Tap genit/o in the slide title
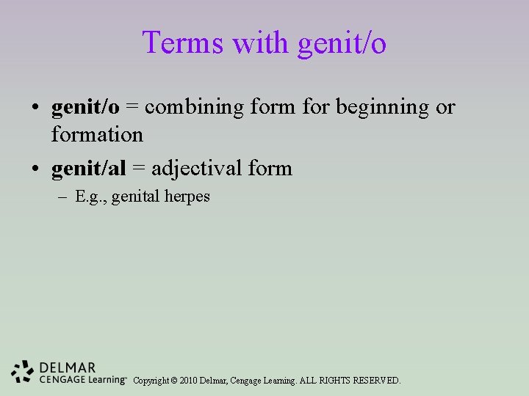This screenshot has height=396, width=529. click(342, 44)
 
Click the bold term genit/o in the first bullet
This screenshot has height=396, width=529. click(85, 107)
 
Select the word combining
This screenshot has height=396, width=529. click(195, 109)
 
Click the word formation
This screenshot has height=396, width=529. click(97, 135)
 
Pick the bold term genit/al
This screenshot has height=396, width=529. click(89, 169)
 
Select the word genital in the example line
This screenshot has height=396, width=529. click(134, 197)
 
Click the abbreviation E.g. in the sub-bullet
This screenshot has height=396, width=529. click(91, 197)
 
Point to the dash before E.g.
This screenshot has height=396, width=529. click(64, 197)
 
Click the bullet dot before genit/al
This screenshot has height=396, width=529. click(35, 169)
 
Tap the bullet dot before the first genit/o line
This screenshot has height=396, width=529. click(35, 108)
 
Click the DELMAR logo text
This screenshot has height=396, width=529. click(67, 367)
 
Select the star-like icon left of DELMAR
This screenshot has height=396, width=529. click(23, 373)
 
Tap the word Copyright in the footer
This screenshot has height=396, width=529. click(150, 381)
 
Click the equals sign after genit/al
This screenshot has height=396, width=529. click(139, 169)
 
